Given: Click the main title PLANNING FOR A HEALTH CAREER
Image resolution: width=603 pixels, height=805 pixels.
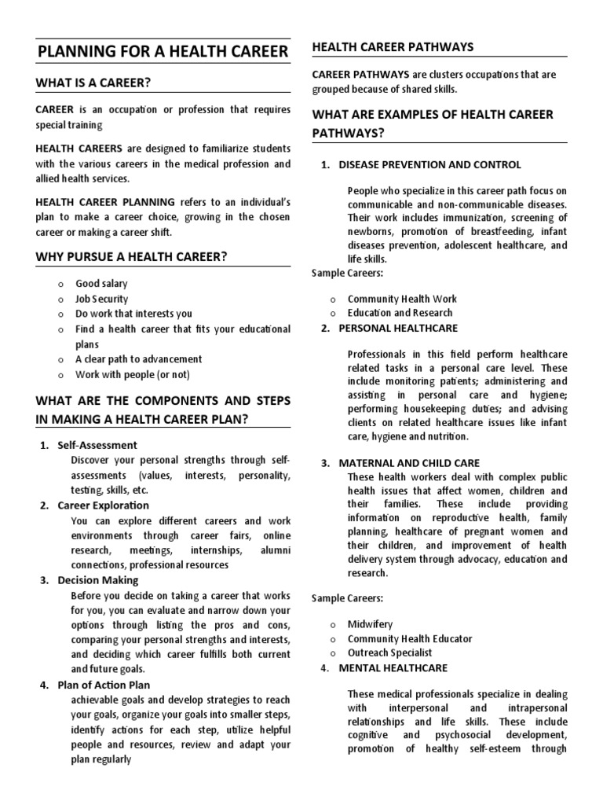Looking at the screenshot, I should pyautogui.click(x=163, y=53).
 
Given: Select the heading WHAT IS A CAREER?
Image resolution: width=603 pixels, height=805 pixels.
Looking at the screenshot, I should pyautogui.click(x=93, y=83).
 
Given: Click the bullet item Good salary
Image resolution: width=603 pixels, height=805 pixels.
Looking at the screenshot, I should pyautogui.click(x=101, y=283).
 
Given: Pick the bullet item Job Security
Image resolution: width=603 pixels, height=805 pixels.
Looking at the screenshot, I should pyautogui.click(x=101, y=299).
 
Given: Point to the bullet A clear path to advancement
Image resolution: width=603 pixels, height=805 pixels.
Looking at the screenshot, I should pyautogui.click(x=138, y=359).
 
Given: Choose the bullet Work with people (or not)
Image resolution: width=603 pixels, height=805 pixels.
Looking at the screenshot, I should pyautogui.click(x=132, y=374).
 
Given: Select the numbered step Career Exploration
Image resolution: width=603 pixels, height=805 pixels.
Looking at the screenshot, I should pyautogui.click(x=103, y=505).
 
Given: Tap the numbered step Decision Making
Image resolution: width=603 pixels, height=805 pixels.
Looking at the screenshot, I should pyautogui.click(x=97, y=580).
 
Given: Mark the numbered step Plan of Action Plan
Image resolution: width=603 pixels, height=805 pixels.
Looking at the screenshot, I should pyautogui.click(x=104, y=685).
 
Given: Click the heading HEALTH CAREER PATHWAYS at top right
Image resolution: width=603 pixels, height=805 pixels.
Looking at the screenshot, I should pyautogui.click(x=393, y=47).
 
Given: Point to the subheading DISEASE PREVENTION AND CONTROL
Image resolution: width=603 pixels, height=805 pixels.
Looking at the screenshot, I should pyautogui.click(x=429, y=165).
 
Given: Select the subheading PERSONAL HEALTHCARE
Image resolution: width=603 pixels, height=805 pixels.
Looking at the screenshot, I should pyautogui.click(x=398, y=328).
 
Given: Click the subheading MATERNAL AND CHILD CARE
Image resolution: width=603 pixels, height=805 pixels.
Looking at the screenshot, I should pyautogui.click(x=409, y=463).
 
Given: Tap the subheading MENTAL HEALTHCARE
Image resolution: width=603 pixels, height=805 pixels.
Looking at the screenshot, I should pyautogui.click(x=393, y=668).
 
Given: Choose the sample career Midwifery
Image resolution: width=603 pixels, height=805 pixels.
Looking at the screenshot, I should pyautogui.click(x=371, y=623).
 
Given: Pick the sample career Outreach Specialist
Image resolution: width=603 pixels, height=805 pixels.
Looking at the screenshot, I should pyautogui.click(x=389, y=652).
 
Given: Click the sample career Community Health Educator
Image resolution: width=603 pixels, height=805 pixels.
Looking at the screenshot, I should pyautogui.click(x=410, y=638).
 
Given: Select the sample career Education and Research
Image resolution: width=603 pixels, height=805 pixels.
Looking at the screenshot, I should pyautogui.click(x=400, y=313).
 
